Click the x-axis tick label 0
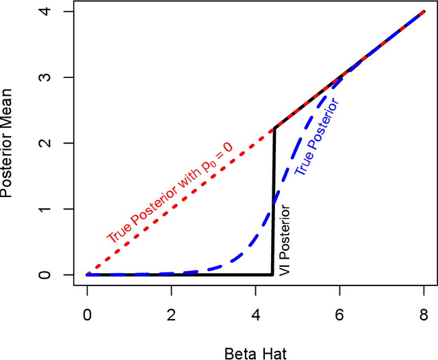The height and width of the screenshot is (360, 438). click(x=87, y=318)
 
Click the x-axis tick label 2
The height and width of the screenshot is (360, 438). click(x=171, y=318)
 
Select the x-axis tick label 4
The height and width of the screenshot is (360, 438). click(x=255, y=318)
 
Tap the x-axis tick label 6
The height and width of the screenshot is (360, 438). click(x=339, y=318)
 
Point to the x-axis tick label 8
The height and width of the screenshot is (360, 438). click(x=424, y=318)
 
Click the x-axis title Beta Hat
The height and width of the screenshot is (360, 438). click(x=255, y=352)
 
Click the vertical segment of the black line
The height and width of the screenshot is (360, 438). click(x=274, y=205)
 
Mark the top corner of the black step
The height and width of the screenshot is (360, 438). click(x=274, y=129)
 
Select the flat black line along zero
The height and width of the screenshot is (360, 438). click(x=178, y=274)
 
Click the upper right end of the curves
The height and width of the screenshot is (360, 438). click(x=424, y=12)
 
